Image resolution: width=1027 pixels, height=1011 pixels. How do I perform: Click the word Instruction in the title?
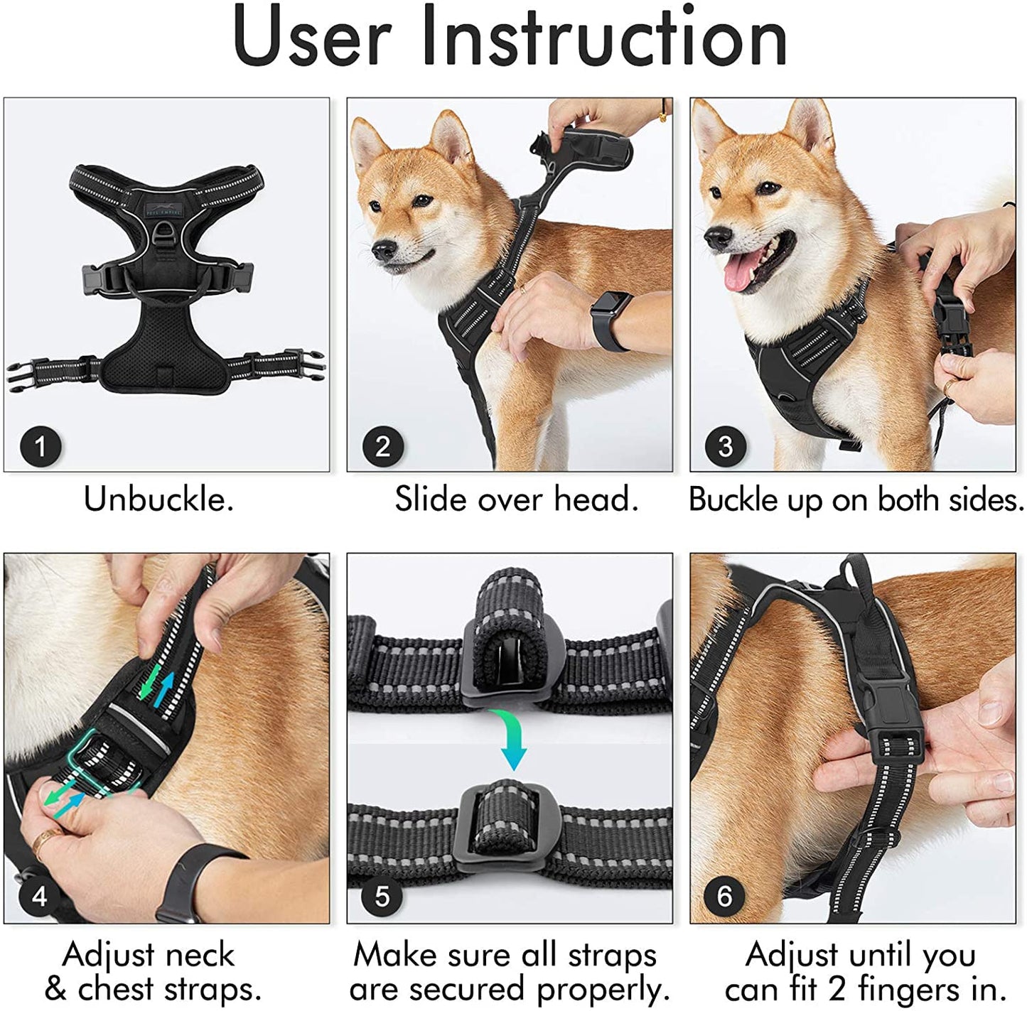[x=604, y=37]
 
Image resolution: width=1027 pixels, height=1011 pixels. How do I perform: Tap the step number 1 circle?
[x=40, y=446]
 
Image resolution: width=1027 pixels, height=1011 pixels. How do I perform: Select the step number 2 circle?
[x=382, y=446]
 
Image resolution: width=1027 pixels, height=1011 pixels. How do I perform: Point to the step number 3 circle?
[x=724, y=446]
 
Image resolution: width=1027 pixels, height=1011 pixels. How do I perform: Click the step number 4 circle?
[x=39, y=896]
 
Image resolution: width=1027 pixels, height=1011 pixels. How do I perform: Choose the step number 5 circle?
[x=382, y=896]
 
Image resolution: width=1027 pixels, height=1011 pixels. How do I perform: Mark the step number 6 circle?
[x=724, y=896]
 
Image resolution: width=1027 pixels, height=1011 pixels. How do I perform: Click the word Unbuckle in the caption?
[x=158, y=499]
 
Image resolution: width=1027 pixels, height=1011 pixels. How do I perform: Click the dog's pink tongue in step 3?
[x=739, y=272]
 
